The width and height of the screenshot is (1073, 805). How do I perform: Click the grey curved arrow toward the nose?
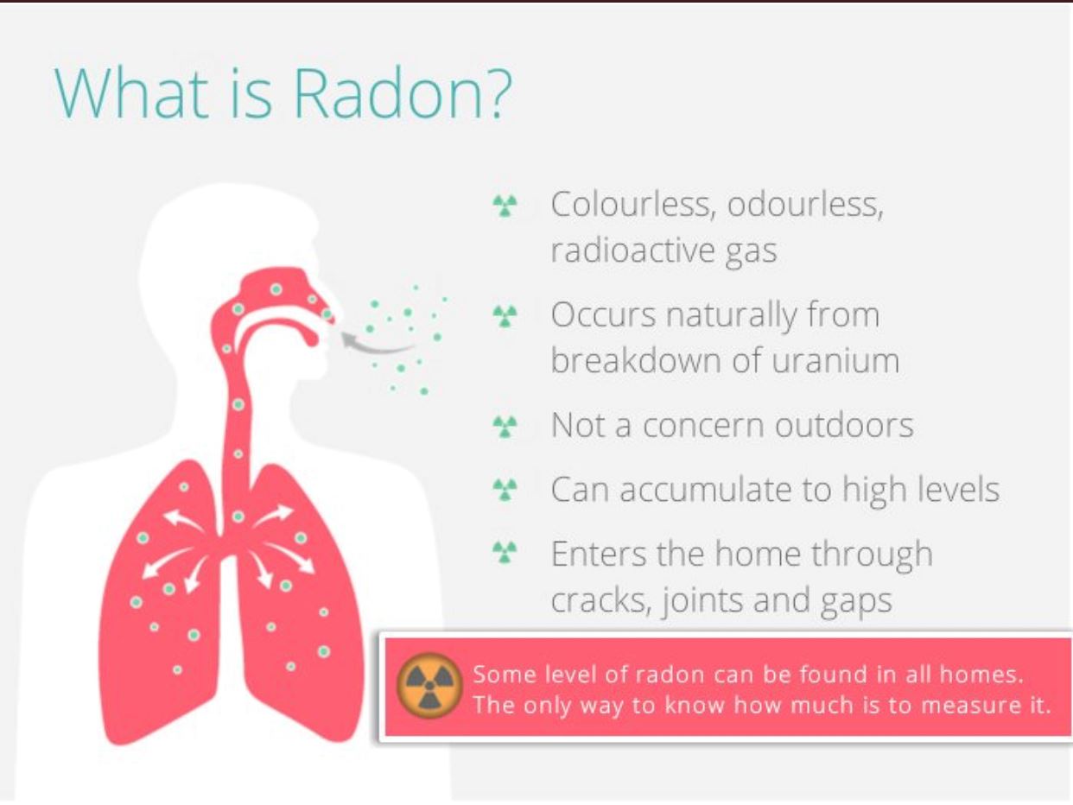pos(375,344)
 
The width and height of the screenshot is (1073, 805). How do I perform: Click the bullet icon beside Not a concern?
pos(505,425)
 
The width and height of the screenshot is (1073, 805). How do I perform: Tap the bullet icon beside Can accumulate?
pos(505,490)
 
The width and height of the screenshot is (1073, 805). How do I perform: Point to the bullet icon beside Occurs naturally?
pos(505,316)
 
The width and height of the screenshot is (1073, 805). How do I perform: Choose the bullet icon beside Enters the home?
pos(505,553)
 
